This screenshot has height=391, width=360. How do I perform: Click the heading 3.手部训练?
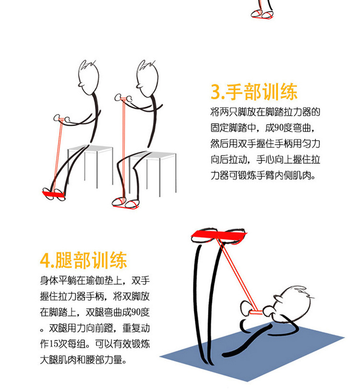point(254,92)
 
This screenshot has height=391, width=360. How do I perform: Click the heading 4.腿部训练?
point(84,260)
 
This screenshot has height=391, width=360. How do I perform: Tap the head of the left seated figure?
point(89,78)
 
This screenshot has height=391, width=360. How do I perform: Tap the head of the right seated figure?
point(147,79)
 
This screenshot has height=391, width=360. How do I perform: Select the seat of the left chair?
point(90,148)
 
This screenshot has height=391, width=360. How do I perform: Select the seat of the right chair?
point(153,155)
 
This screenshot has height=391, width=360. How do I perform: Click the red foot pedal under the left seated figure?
point(53,194)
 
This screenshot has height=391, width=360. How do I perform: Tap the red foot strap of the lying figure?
point(218,235)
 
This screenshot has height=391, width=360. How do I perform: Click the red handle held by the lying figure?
point(255,312)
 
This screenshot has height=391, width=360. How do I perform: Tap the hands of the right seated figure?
point(123,98)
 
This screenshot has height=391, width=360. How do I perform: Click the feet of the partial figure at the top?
point(262,14)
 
